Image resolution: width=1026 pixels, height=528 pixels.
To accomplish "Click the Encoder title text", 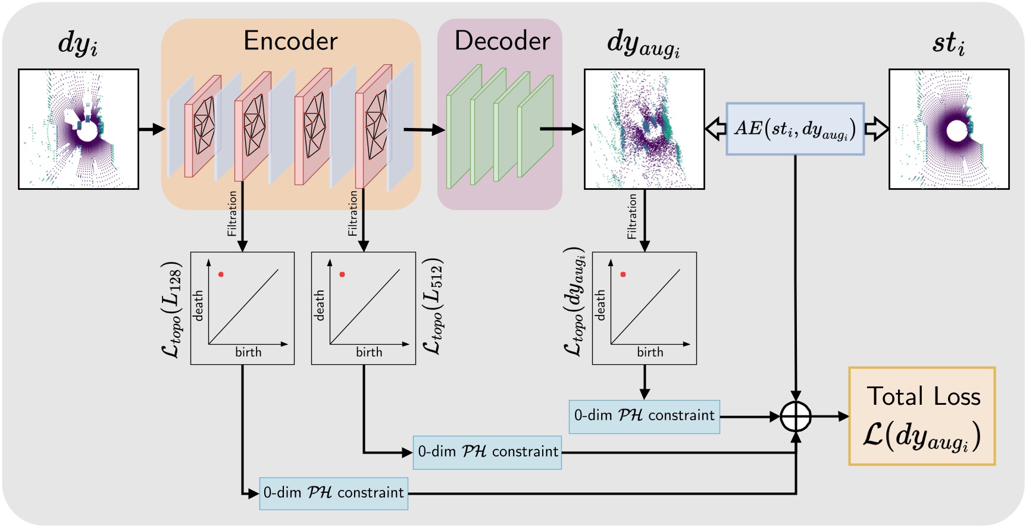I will (x=290, y=40).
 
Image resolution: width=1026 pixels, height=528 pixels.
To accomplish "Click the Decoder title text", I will (x=502, y=40).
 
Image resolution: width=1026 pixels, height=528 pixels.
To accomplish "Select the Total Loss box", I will (x=922, y=416).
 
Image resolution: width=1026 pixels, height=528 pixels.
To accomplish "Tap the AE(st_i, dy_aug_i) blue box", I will (x=794, y=129).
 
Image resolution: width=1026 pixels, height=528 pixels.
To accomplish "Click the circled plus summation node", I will (x=796, y=417).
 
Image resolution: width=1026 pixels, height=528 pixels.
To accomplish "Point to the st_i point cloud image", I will (x=949, y=129).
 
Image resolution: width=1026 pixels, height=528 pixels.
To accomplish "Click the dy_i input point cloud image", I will (x=79, y=129).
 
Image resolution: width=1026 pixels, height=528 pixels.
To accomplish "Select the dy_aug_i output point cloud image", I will (x=644, y=129).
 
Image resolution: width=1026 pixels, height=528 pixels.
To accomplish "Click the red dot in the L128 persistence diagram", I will (x=221, y=274).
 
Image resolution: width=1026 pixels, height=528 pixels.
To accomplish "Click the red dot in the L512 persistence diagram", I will (x=342, y=274).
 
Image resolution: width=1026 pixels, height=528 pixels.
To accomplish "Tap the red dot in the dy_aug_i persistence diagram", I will (x=623, y=274).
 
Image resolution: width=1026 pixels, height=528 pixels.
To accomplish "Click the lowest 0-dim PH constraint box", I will (x=333, y=493).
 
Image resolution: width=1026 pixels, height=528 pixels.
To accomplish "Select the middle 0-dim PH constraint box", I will (x=487, y=452).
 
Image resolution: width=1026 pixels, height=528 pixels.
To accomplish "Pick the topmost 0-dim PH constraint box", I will (x=644, y=416).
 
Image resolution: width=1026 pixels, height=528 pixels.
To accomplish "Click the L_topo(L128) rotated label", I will (x=172, y=309).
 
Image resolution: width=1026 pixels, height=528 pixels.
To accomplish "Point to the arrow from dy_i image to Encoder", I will (x=151, y=129).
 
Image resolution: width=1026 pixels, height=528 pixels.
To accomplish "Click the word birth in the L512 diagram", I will (x=369, y=352).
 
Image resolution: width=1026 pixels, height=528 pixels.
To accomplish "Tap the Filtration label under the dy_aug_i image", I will (x=632, y=217).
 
